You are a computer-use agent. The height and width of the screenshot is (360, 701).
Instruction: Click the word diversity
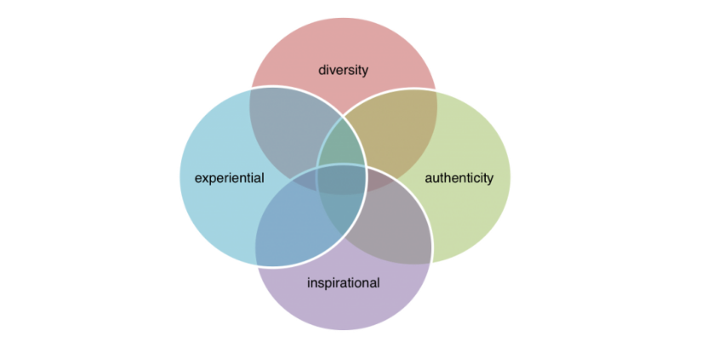[343, 70]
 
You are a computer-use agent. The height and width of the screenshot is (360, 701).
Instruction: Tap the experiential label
[230, 178]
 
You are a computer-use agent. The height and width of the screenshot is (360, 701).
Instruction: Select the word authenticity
[459, 178]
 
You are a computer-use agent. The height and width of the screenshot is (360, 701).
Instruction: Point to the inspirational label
[344, 283]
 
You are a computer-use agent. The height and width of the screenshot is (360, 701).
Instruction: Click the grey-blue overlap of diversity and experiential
[291, 134]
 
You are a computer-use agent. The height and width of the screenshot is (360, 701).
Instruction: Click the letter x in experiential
[206, 179]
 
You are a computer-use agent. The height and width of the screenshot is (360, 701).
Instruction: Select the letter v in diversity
[334, 71]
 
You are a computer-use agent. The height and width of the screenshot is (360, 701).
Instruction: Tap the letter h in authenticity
[448, 178]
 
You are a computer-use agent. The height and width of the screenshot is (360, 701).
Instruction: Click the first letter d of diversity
[322, 70]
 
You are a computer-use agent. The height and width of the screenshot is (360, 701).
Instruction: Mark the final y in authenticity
[490, 180]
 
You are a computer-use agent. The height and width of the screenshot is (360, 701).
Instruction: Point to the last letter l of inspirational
[379, 283]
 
